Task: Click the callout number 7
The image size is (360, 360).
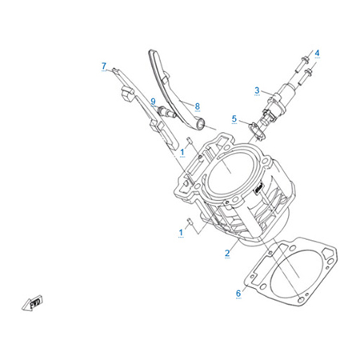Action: [x=104, y=66]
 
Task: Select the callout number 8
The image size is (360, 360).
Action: [x=198, y=106]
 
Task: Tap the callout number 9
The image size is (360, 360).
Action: [x=153, y=102]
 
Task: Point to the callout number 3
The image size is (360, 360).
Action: [x=257, y=90]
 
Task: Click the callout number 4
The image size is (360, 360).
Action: [x=317, y=53]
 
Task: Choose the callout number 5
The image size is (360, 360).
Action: [x=234, y=118]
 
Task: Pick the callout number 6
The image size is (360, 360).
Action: [x=238, y=294]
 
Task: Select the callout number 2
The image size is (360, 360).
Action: [x=227, y=253]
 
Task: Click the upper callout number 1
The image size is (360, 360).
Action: [x=182, y=152]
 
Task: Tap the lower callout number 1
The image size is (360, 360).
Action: [x=181, y=233]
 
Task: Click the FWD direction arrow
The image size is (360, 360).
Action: [x=32, y=303]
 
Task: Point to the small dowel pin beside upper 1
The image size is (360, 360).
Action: [x=189, y=140]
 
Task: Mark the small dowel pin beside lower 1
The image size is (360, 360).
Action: [x=190, y=221]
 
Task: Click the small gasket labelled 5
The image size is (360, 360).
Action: [x=257, y=131]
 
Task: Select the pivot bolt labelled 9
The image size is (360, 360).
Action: [x=166, y=112]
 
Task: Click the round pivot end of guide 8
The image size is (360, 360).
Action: [x=201, y=125]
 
